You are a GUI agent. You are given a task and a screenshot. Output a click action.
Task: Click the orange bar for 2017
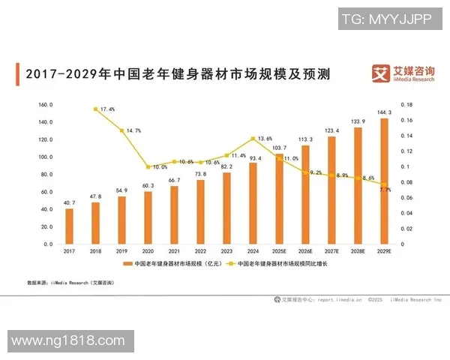click(69, 226)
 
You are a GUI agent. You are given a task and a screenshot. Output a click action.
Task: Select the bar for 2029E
click(385, 181)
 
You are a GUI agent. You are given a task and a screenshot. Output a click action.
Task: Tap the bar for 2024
click(253, 203)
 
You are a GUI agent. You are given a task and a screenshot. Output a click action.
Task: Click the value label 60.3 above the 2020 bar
click(148, 185)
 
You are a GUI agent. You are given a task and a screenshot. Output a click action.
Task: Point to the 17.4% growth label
click(107, 109)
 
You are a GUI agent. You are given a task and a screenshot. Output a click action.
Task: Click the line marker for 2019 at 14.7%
click(121, 130)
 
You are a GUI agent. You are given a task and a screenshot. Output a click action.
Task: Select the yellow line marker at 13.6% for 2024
click(253, 139)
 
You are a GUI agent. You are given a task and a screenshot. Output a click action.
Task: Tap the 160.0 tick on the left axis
click(46, 105)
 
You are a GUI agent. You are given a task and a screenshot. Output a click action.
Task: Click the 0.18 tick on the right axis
click(406, 105)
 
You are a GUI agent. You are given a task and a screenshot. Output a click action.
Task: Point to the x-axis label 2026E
click(305, 252)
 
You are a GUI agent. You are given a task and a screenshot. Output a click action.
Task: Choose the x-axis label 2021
click(174, 252)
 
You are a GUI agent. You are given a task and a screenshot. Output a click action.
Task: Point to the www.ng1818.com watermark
click(67, 341)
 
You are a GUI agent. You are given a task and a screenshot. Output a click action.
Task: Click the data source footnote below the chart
click(71, 283)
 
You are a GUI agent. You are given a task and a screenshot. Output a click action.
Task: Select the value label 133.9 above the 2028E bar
click(358, 121)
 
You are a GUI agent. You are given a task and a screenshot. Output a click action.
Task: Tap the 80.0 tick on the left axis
click(46, 175)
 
